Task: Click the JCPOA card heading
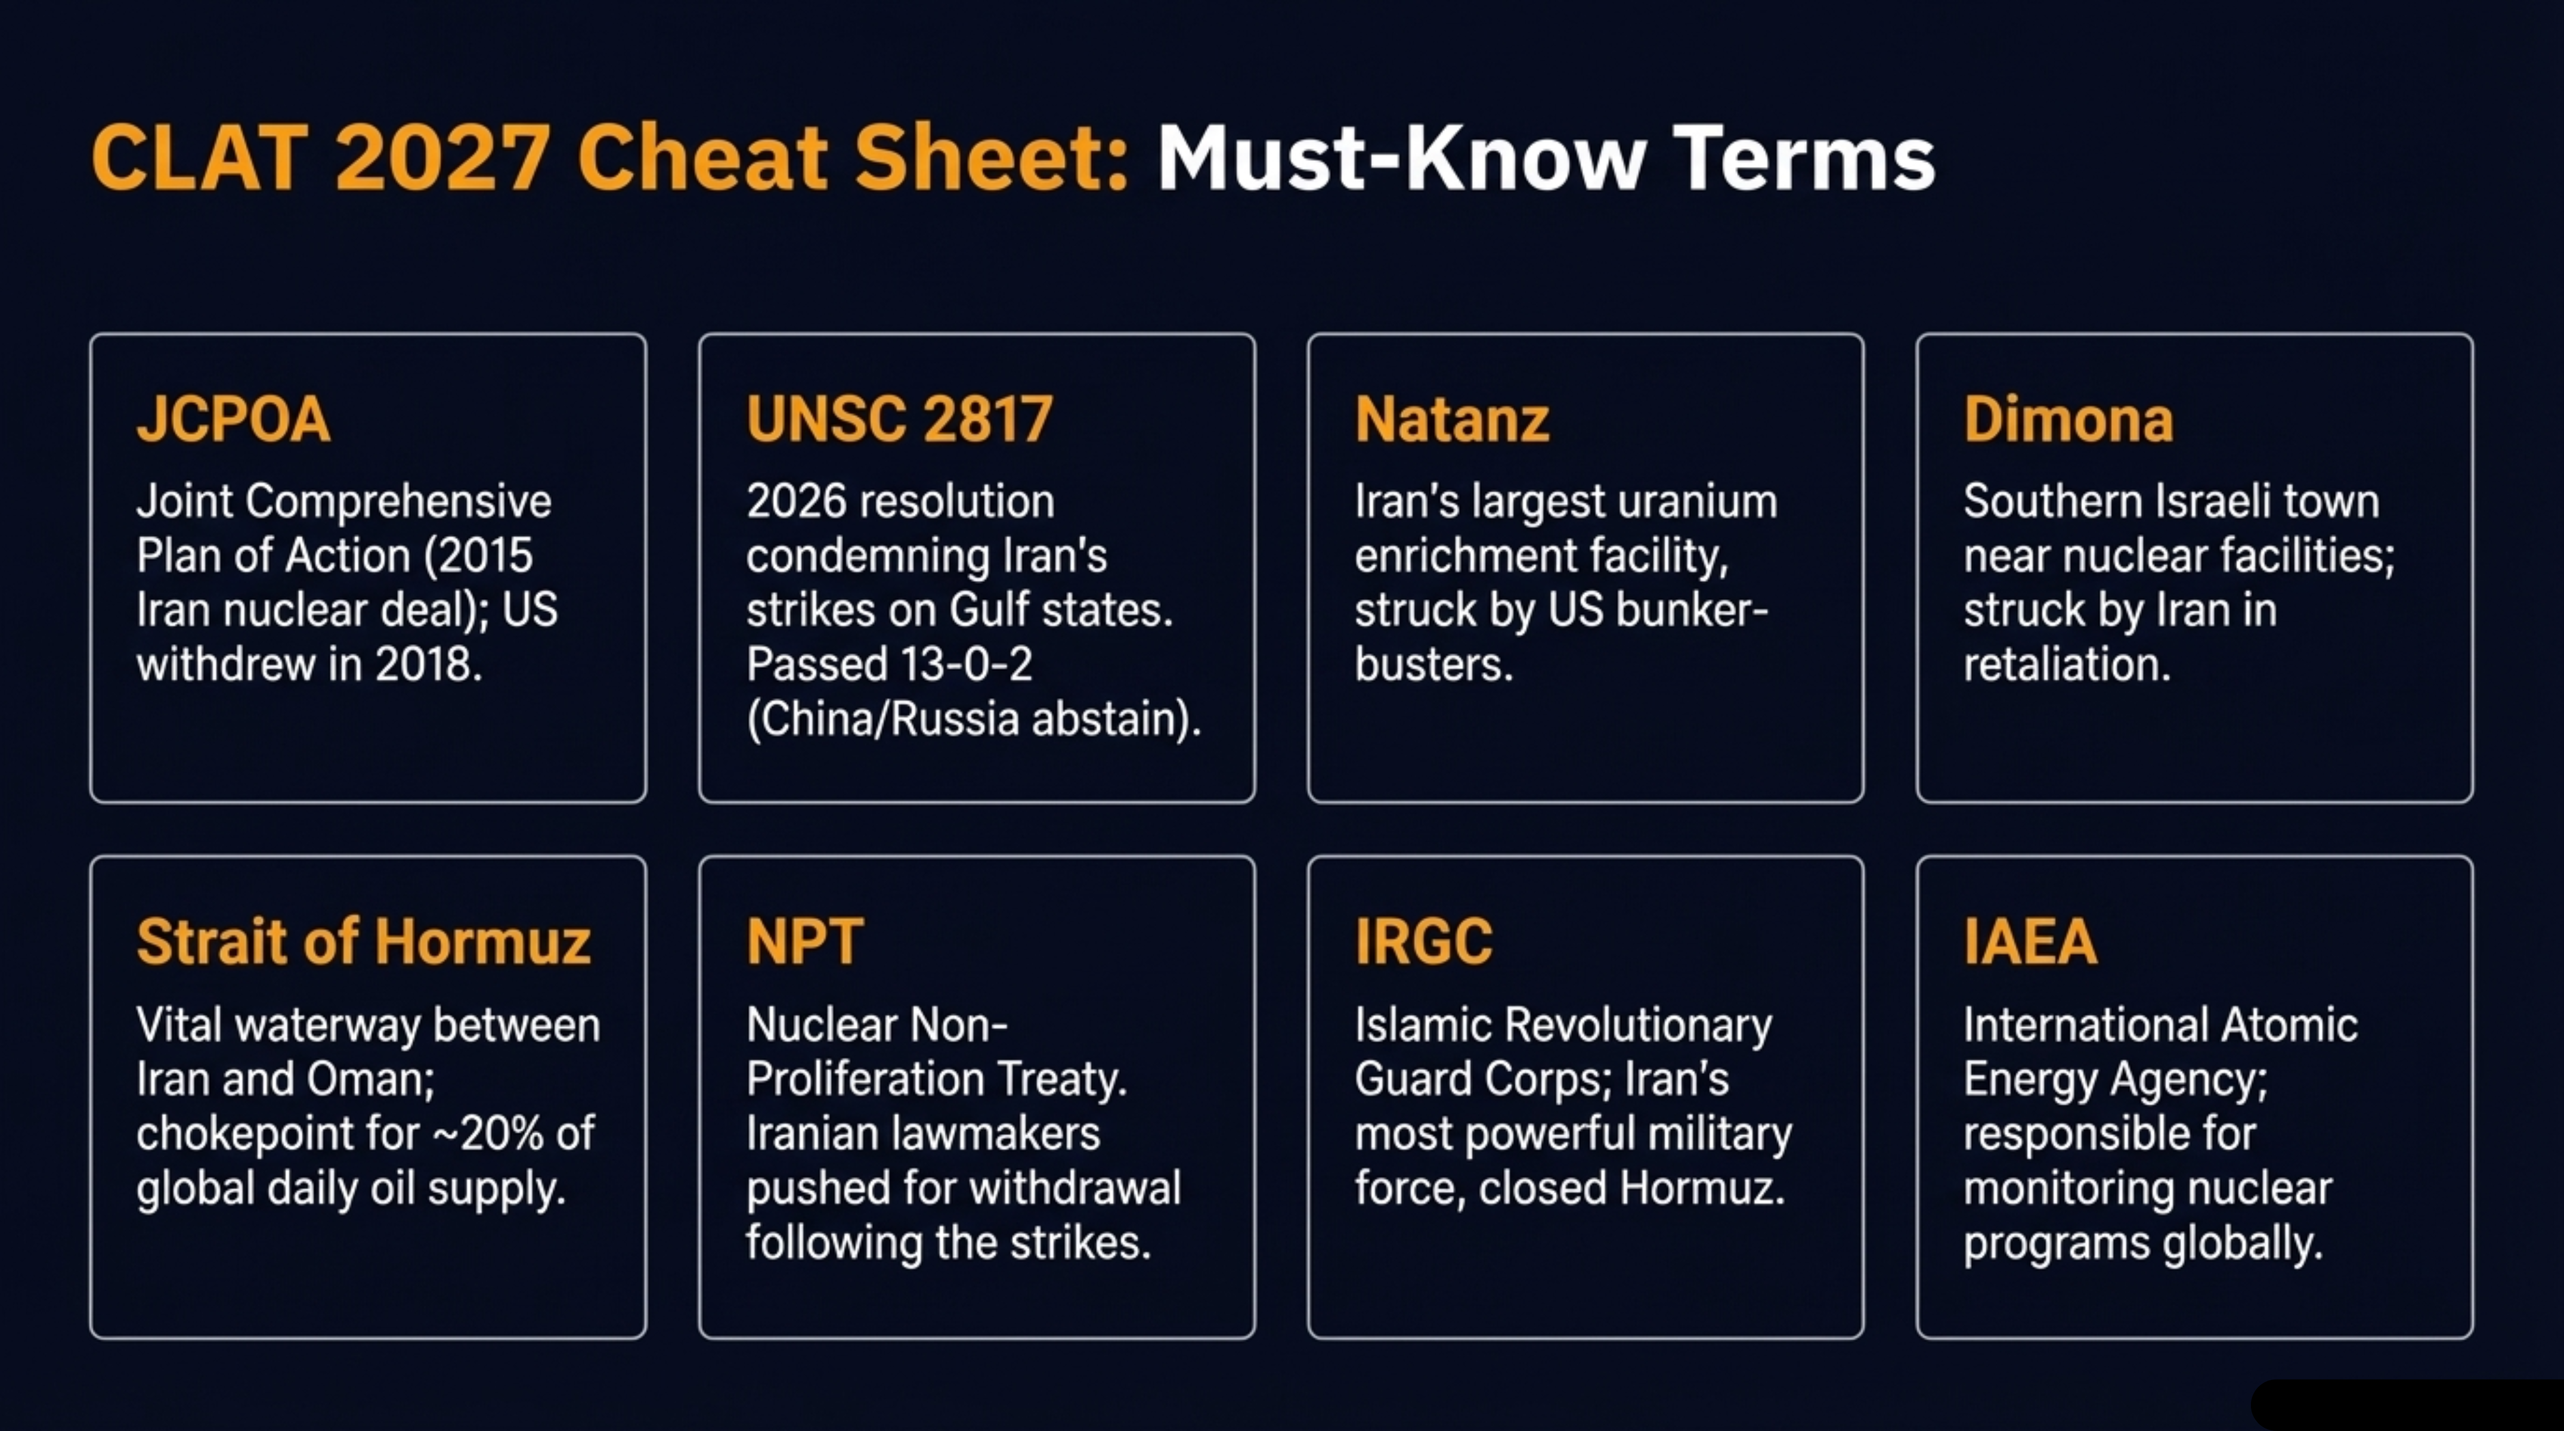click(x=234, y=419)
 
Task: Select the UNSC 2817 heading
click(x=899, y=419)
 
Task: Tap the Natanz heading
click(x=1451, y=419)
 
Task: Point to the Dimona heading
click(x=2067, y=419)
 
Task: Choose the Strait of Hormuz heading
click(x=363, y=941)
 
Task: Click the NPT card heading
click(x=804, y=941)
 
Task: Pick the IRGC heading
click(x=1423, y=941)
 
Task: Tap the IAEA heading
click(x=2030, y=941)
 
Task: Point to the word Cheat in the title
click(x=702, y=158)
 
